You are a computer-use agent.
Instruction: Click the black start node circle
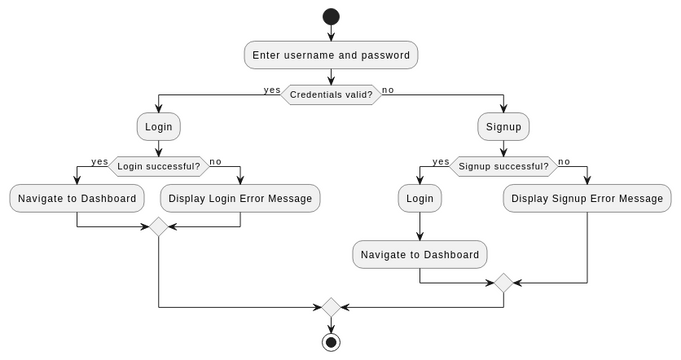pos(331,17)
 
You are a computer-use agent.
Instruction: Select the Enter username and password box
pos(331,55)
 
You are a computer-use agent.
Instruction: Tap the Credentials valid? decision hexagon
pos(331,95)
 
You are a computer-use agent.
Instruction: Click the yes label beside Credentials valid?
pos(272,90)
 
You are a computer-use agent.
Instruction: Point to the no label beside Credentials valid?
pos(388,90)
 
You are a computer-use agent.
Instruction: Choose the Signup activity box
pos(503,127)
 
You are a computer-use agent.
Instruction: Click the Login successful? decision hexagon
pos(159,166)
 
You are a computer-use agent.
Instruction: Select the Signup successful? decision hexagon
pos(503,166)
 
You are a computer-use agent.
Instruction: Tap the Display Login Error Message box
pos(240,198)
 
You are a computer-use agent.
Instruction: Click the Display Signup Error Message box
pos(587,198)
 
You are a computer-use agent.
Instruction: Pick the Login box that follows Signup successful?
pos(419,198)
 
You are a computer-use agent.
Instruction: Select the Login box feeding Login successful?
pos(159,127)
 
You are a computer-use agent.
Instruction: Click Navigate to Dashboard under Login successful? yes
pos(77,198)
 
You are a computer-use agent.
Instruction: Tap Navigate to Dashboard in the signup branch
pos(419,254)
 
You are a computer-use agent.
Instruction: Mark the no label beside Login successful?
pos(215,161)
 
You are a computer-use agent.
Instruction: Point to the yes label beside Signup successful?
pos(441,161)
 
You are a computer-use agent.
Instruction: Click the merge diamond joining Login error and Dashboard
pos(159,227)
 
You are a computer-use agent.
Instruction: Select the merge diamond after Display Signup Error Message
pos(503,283)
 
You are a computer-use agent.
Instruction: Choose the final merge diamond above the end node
pos(331,307)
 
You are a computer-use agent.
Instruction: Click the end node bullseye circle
pos(331,342)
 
